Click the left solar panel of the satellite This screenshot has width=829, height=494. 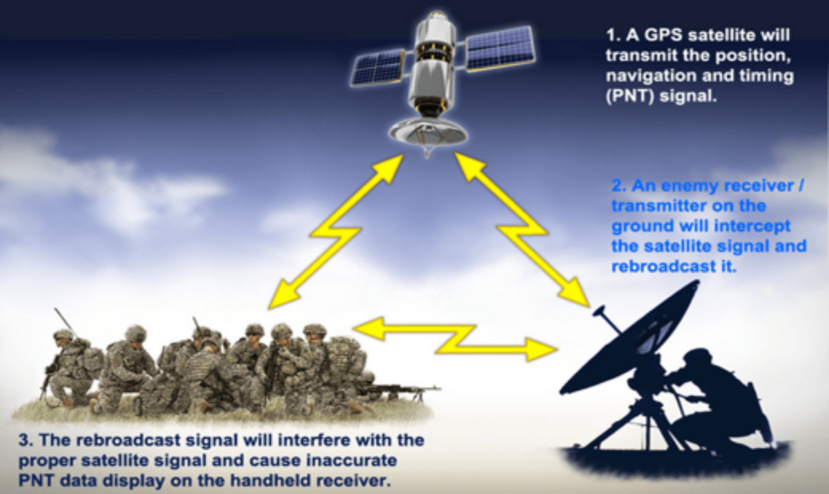(378, 68)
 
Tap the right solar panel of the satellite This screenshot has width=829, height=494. (500, 48)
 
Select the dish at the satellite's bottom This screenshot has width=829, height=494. (428, 133)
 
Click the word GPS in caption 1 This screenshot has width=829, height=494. (665, 35)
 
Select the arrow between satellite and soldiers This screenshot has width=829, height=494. (335, 232)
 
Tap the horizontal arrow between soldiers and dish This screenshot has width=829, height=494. (455, 339)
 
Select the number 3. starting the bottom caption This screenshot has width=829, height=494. (26, 441)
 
